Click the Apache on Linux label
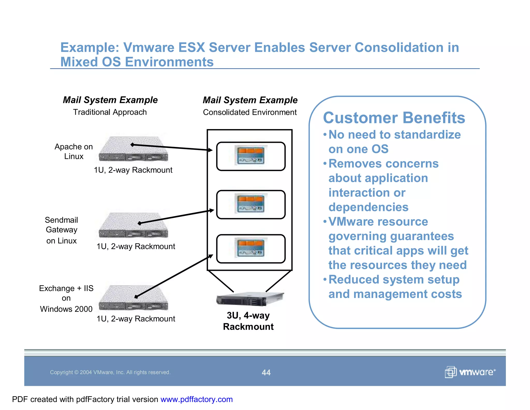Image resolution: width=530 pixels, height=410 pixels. [x=74, y=151]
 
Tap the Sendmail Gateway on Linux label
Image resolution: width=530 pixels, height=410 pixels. [x=61, y=230]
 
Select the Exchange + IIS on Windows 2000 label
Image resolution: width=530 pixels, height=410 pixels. [x=66, y=298]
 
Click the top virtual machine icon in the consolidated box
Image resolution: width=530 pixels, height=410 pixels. [x=251, y=155]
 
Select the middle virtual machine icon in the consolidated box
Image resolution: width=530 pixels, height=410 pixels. [x=251, y=204]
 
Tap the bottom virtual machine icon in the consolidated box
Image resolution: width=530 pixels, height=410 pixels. [x=251, y=248]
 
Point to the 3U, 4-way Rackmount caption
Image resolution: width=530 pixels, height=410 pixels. [x=248, y=321]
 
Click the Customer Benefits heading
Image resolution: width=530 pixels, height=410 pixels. [x=394, y=118]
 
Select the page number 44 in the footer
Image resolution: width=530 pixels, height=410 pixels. [x=266, y=372]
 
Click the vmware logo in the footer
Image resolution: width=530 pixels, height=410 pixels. [x=470, y=372]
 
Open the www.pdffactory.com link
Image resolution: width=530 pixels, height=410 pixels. [x=196, y=399]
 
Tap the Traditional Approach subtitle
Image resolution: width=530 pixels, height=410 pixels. [x=110, y=112]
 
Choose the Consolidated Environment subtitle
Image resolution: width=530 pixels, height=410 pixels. [x=250, y=112]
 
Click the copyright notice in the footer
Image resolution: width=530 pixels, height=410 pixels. [x=110, y=372]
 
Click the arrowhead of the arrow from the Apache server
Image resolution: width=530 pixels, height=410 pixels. [x=210, y=150]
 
